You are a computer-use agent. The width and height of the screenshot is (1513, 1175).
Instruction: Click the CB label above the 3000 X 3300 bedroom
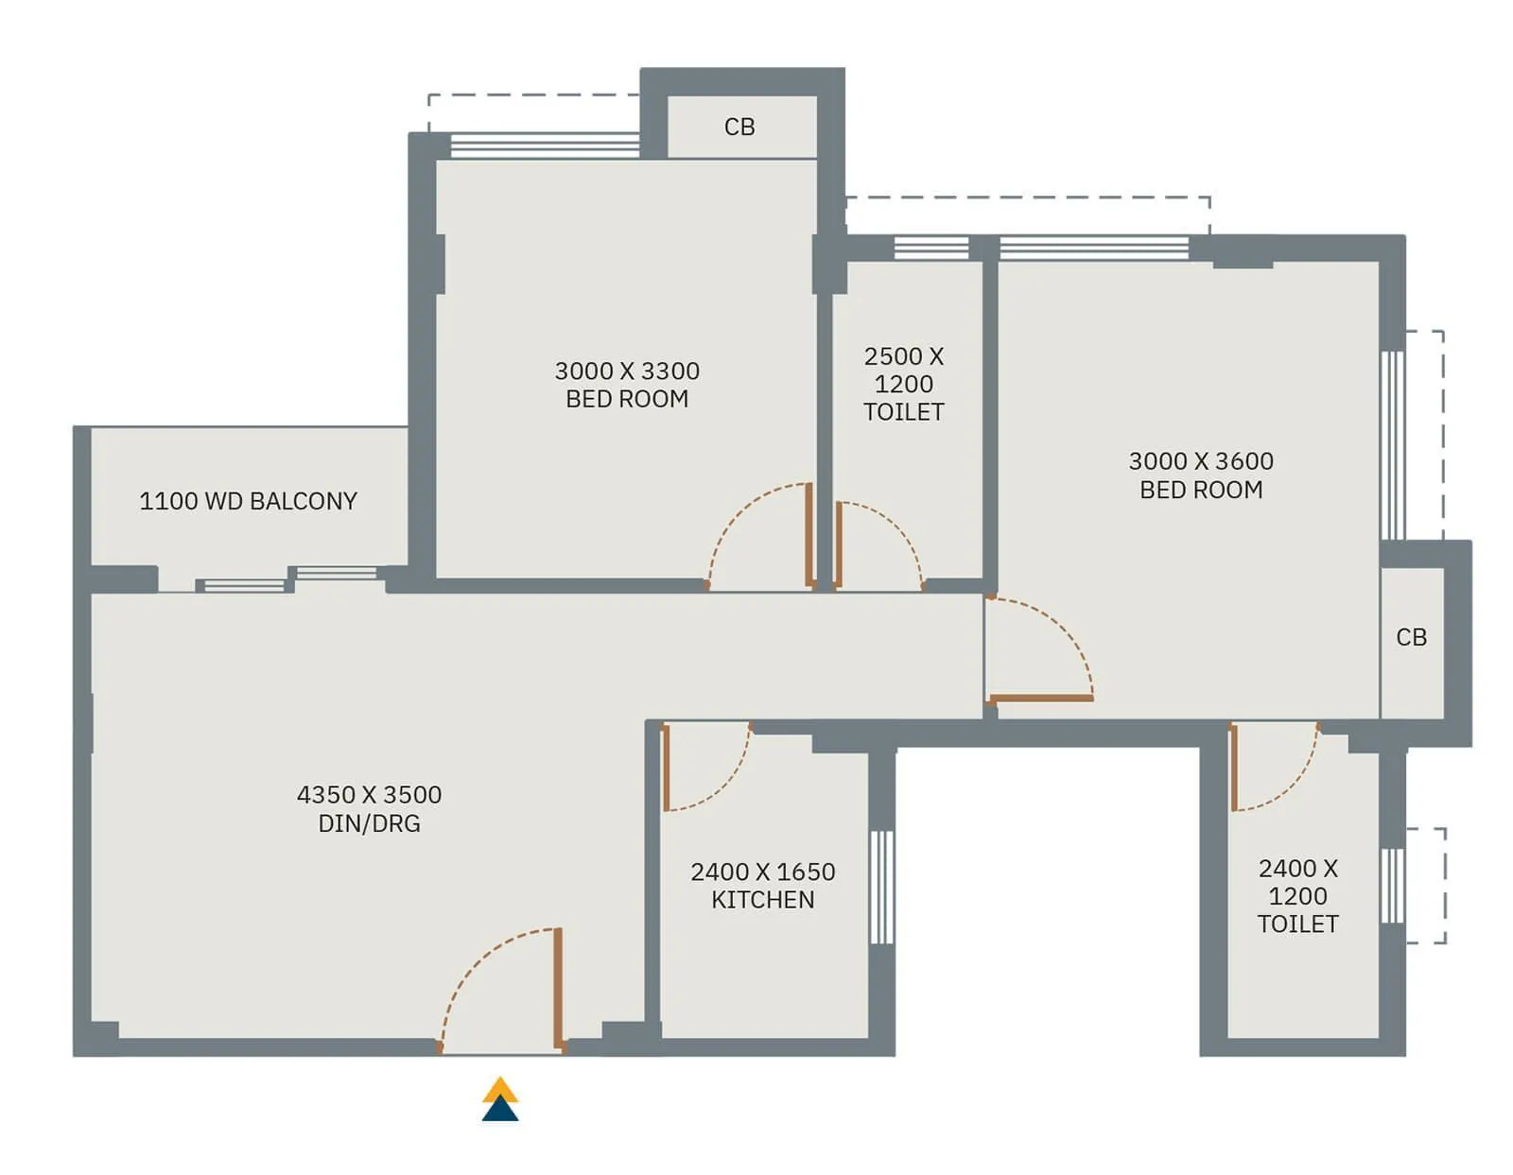739,127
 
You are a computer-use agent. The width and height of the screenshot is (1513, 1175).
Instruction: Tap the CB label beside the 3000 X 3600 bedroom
1411,637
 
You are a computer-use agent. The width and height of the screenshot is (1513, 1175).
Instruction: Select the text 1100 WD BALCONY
248,501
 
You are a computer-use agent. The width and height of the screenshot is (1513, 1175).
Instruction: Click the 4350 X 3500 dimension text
369,794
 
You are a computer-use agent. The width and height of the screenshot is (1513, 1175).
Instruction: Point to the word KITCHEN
762,900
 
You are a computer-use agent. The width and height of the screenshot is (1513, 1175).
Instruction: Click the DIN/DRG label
369,823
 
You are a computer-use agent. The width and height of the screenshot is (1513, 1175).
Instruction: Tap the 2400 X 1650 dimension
762,872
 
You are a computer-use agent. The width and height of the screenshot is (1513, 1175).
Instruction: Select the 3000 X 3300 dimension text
627,371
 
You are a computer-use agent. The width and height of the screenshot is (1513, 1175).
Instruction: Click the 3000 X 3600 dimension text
1201,461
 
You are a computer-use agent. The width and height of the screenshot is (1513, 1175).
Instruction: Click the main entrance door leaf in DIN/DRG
558,988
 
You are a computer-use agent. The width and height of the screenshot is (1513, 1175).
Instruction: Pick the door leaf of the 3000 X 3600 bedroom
1040,699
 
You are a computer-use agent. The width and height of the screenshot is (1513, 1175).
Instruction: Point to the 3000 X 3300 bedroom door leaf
809,535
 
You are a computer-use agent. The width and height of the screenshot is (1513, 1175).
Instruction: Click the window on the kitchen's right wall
881,887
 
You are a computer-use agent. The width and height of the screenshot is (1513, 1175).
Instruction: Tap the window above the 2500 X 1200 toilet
931,249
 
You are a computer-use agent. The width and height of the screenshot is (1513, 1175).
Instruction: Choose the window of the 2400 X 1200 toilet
1392,886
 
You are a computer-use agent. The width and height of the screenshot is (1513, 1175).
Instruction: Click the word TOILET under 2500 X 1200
903,412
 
